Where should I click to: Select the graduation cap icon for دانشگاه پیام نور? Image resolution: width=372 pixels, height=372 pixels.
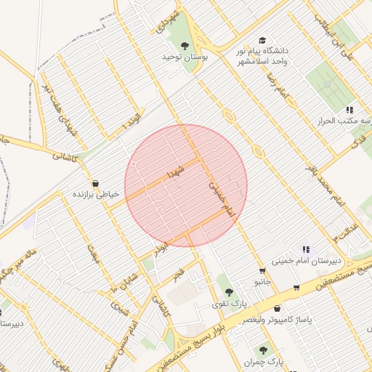pos(262,41)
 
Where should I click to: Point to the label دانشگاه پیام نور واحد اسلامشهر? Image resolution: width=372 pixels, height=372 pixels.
pos(262,57)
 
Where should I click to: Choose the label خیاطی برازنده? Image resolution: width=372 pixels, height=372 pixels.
pos(95,195)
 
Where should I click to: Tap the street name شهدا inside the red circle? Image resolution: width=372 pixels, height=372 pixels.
pos(177,171)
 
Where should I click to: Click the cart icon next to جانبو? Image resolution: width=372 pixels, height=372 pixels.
pos(262,271)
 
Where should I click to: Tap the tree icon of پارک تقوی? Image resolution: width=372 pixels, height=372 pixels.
pos(229,291)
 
